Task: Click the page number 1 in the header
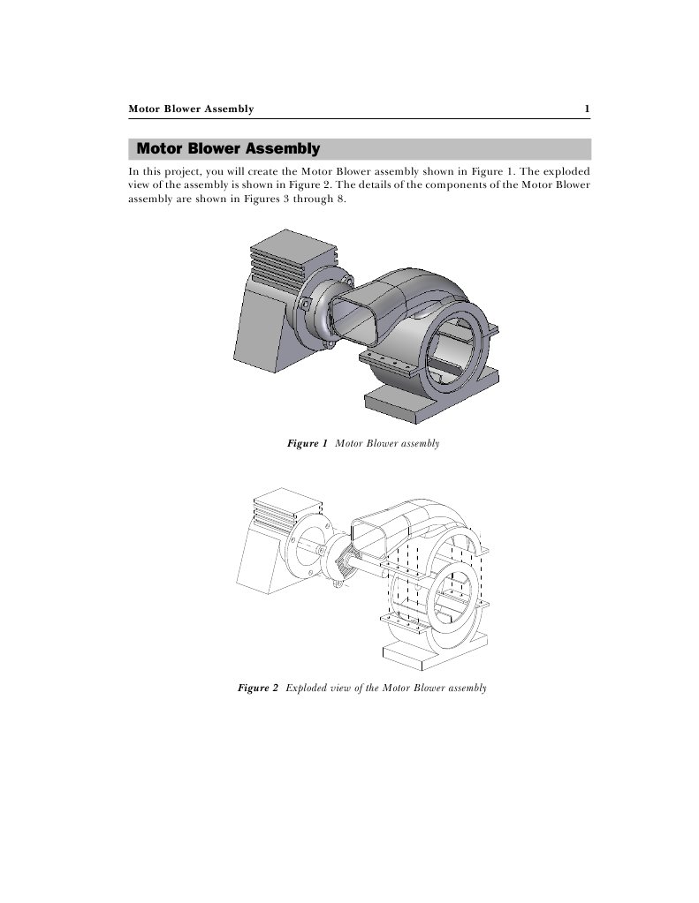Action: (x=587, y=109)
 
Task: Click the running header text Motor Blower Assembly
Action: (x=191, y=109)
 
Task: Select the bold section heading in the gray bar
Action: (x=228, y=148)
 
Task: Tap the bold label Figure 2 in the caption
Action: (x=258, y=687)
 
